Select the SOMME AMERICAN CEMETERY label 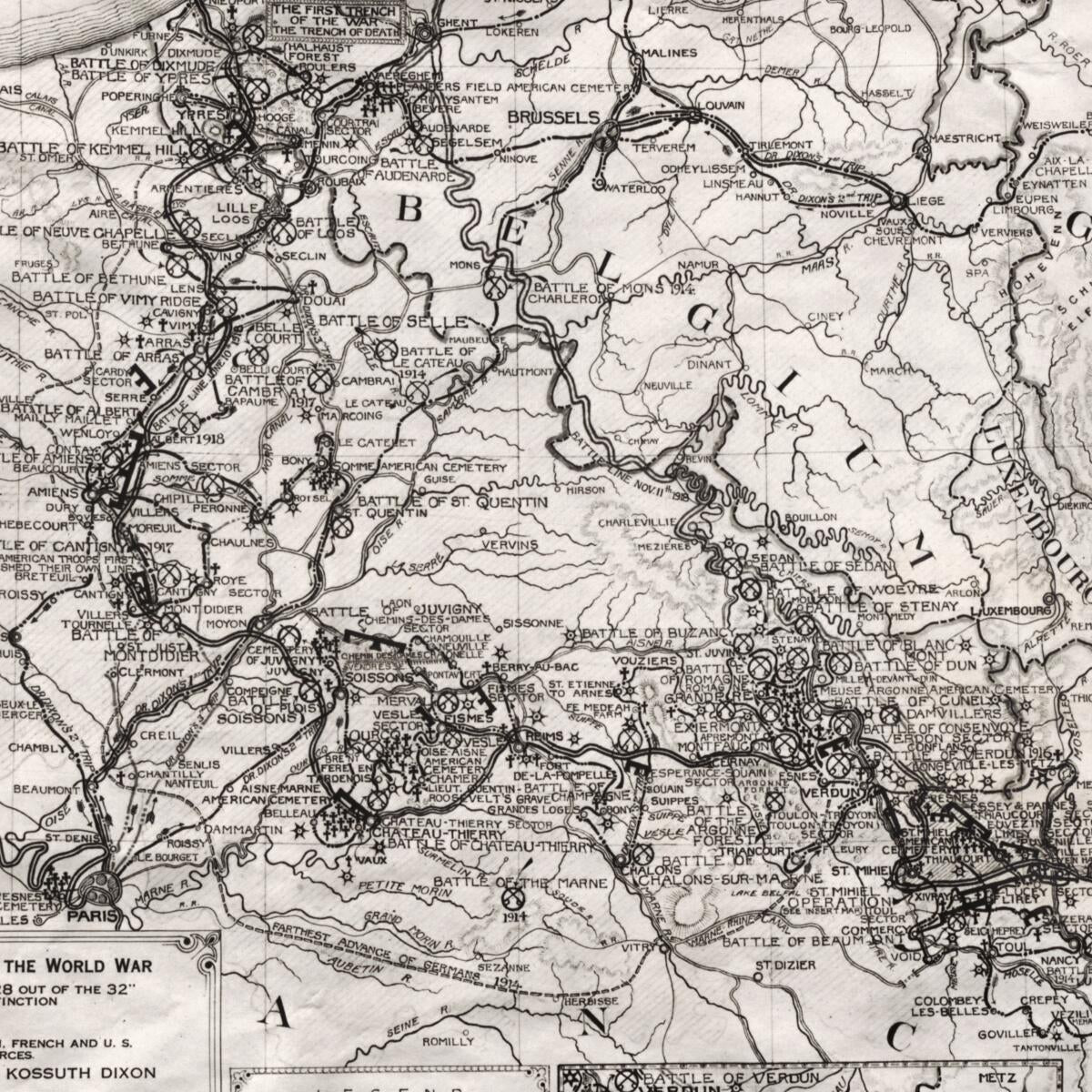point(420,467)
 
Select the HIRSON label point(585,490)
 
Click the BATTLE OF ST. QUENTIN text point(452,501)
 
